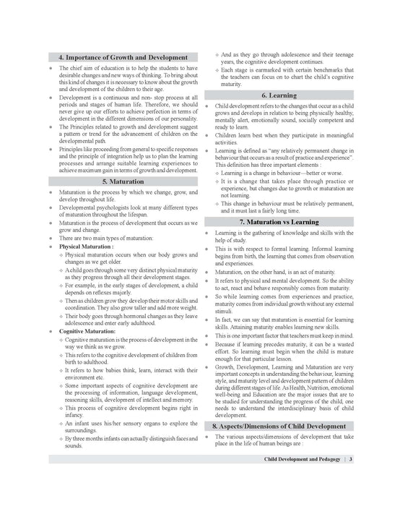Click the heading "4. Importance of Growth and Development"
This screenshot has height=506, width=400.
(x=123, y=58)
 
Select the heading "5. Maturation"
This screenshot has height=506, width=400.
(x=123, y=181)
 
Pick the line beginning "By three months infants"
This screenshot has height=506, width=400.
(x=130, y=438)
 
